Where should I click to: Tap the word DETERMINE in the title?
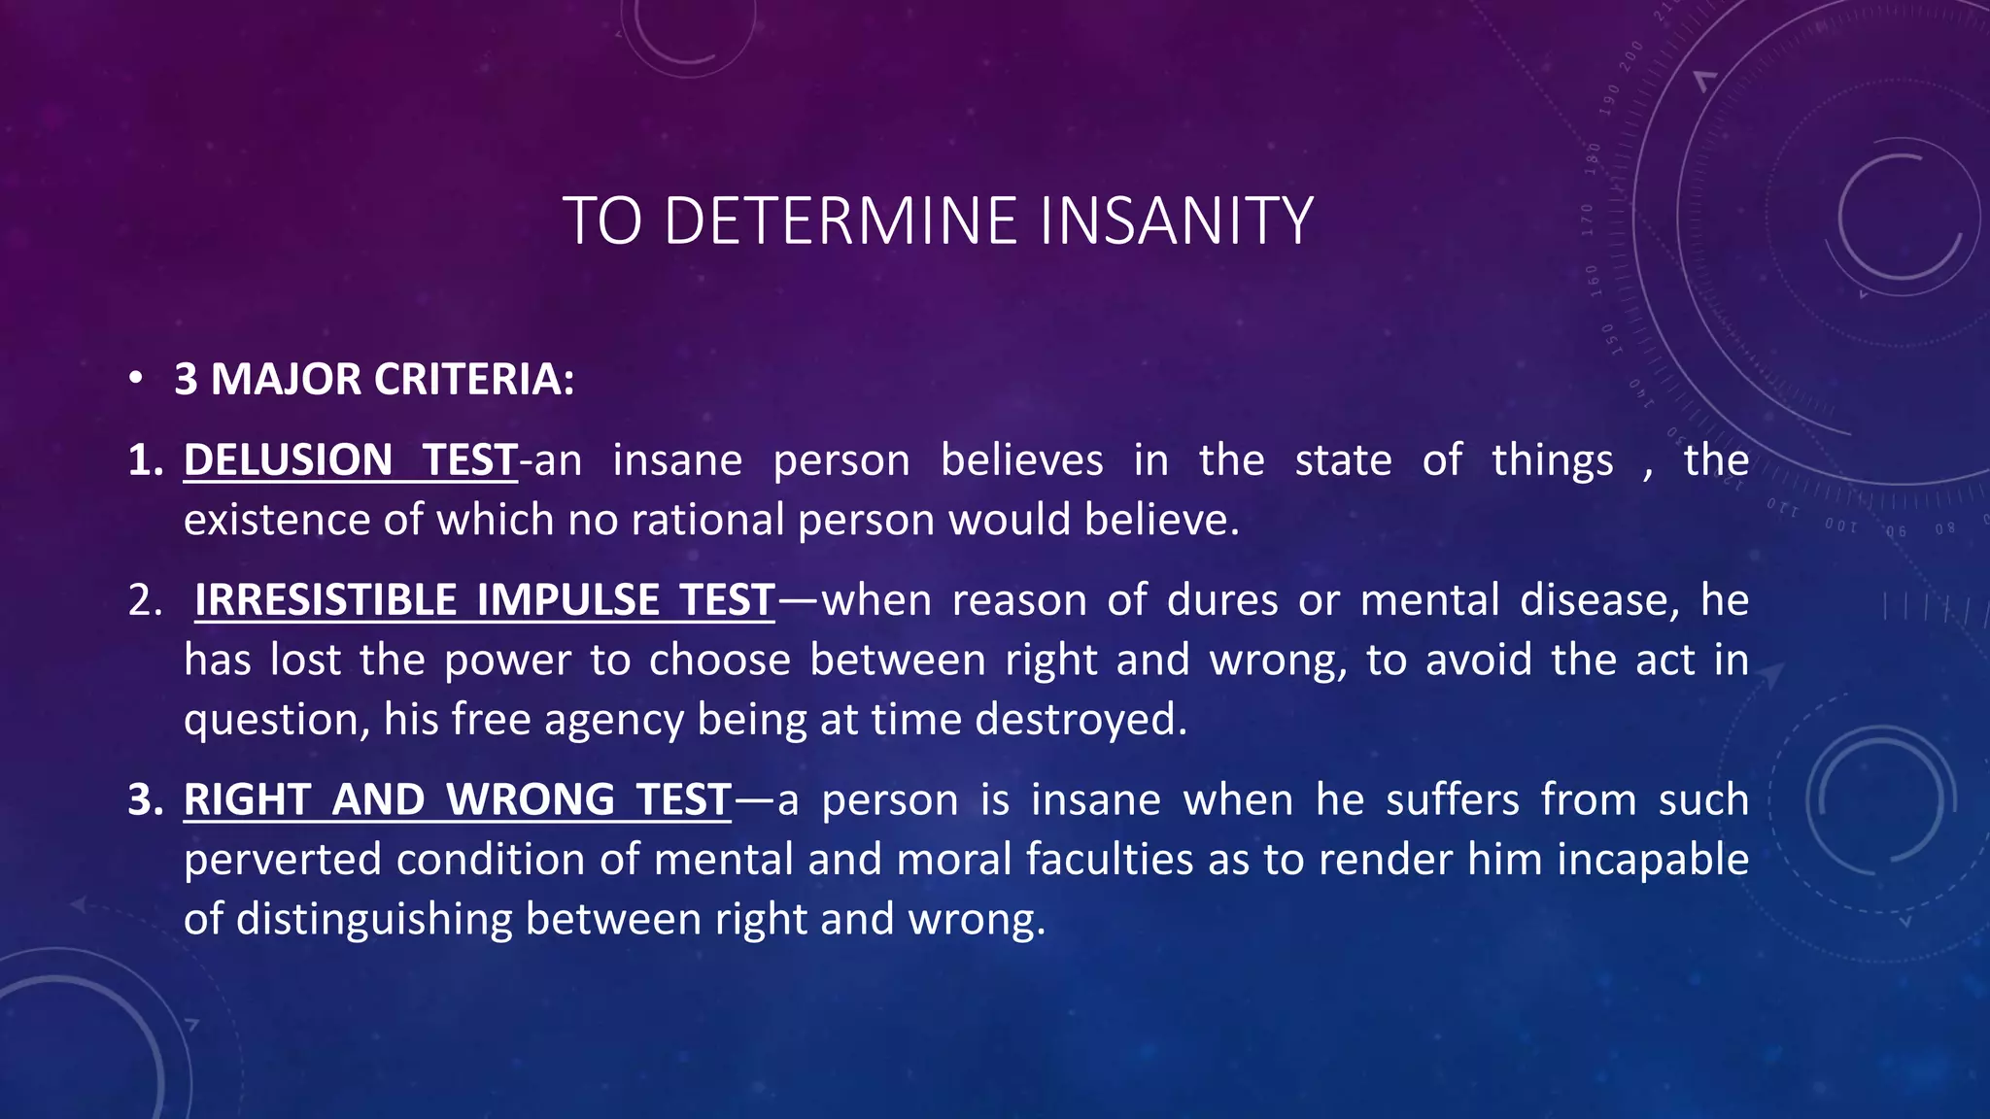tap(841, 221)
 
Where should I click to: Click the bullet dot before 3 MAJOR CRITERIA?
tap(137, 378)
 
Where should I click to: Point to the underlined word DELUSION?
tap(288, 459)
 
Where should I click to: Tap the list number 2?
tap(145, 600)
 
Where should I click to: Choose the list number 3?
tap(146, 799)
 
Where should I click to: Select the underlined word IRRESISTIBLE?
tap(326, 600)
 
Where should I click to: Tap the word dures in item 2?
tap(1222, 600)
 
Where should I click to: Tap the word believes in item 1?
tap(1021, 459)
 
